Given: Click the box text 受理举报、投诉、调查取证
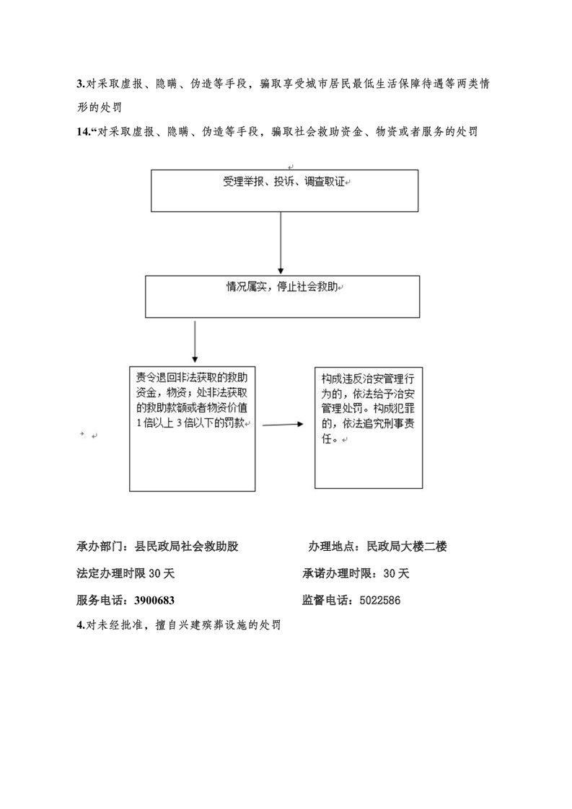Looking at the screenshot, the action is tap(283, 182).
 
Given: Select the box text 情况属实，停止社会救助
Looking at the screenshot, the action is tap(282, 287).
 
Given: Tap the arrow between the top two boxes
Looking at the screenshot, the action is tap(281, 242).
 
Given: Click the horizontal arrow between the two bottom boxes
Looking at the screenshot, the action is tap(283, 425).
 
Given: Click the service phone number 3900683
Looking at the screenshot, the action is tap(154, 601).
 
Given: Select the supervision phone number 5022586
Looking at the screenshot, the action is tap(380, 601).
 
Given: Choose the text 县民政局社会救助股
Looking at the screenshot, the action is tap(186, 547).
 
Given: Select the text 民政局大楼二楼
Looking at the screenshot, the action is tap(407, 547).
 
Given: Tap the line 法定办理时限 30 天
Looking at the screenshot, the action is tap(126, 573).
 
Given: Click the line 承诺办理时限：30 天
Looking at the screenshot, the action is tap(356, 573).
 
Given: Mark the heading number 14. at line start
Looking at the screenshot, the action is tap(84, 132).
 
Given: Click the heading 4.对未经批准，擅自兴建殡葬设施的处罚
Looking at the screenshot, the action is tap(179, 625).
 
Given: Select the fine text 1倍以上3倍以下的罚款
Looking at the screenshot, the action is tap(192, 423).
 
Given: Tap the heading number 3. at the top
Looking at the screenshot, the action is tap(81, 84).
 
